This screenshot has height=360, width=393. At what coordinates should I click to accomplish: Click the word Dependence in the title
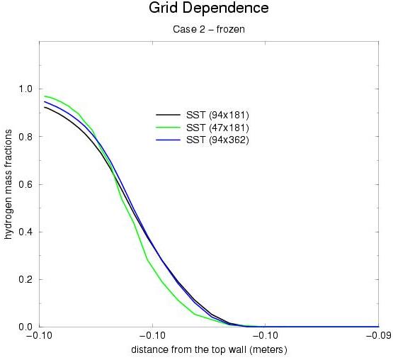pyautogui.click(x=227, y=9)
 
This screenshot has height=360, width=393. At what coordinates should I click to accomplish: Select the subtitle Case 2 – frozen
pyautogui.click(x=209, y=30)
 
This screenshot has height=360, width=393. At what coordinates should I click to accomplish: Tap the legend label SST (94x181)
pyautogui.click(x=217, y=115)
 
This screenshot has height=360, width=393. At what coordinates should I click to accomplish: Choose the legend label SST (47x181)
pyautogui.click(x=217, y=128)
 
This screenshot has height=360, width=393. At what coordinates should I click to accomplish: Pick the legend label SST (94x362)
pyautogui.click(x=217, y=140)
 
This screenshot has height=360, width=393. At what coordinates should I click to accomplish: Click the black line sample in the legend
pyautogui.click(x=168, y=115)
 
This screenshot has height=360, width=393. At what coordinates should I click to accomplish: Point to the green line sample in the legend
pyautogui.click(x=168, y=128)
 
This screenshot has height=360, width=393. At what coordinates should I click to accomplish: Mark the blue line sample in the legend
pyautogui.click(x=168, y=140)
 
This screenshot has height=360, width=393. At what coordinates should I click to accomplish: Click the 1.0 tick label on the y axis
pyautogui.click(x=26, y=89)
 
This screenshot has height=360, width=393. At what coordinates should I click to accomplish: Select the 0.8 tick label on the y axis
pyautogui.click(x=26, y=137)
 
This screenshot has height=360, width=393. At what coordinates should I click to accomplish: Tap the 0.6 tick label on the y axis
pyautogui.click(x=26, y=184)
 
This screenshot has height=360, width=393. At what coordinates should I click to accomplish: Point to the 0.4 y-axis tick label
pyautogui.click(x=26, y=232)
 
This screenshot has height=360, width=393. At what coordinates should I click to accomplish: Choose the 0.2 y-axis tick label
pyautogui.click(x=26, y=279)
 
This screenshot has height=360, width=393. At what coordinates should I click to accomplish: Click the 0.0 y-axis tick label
pyautogui.click(x=26, y=327)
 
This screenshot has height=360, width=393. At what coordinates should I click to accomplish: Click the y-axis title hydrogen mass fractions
pyautogui.click(x=8, y=184)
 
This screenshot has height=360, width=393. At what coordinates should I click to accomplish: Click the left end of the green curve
pyautogui.click(x=45, y=96)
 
